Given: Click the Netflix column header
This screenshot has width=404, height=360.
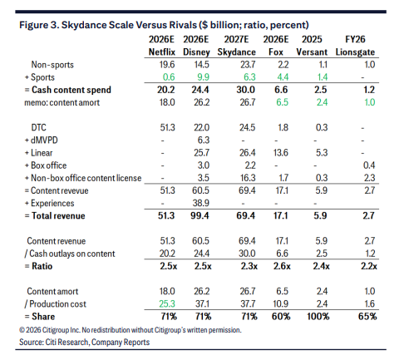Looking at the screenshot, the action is point(162,52).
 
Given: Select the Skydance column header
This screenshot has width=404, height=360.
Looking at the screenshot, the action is point(236,52).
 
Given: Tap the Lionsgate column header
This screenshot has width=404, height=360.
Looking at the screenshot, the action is point(355,52).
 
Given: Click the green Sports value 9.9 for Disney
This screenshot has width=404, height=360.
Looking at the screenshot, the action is point(203,77).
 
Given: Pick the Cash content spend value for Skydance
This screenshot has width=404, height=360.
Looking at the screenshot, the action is point(245,90).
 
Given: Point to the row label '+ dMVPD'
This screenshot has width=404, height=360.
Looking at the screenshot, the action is point(42,141).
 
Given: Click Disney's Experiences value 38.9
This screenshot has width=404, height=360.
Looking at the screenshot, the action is point(201,203).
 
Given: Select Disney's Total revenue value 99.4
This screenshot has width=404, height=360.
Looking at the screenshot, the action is point(200,215).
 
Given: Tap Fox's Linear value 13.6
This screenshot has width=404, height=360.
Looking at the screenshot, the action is point(281,153).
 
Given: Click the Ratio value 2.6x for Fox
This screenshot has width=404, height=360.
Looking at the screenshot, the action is point(282,266).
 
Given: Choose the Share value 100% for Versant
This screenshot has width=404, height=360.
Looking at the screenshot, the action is point(318,316).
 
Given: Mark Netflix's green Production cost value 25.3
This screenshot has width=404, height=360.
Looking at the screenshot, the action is point(167,303).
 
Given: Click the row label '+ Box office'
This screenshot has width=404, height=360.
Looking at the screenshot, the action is point(46,165).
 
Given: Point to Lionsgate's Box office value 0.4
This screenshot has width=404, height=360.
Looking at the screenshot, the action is point(369,165).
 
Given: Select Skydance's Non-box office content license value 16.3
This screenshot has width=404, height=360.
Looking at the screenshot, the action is point(248,178).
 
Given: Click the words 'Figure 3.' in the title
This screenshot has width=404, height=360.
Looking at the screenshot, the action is point(39,25).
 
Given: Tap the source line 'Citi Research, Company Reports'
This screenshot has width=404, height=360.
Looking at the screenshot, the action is point(97,342).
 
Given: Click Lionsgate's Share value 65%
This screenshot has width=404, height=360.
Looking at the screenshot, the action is point(367,316).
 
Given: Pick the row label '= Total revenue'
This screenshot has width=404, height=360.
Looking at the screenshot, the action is point(55,215).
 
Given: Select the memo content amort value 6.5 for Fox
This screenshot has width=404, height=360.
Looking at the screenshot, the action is point(282,102).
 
